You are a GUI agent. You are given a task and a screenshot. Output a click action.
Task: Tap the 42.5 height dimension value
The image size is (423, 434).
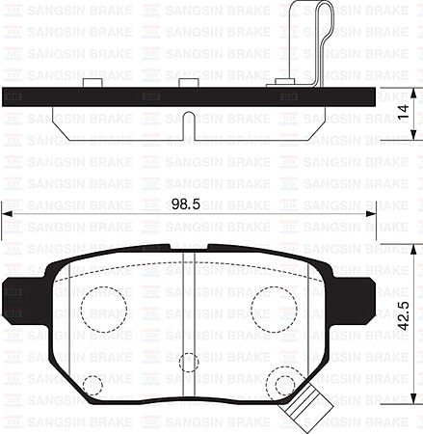point(408,316)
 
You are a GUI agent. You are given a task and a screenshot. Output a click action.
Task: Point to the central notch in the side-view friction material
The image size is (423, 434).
point(189,123)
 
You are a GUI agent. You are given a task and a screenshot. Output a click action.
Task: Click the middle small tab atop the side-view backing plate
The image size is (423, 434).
point(192,84)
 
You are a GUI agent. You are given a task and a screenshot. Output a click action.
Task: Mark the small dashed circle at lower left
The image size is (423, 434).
point(92,386)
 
